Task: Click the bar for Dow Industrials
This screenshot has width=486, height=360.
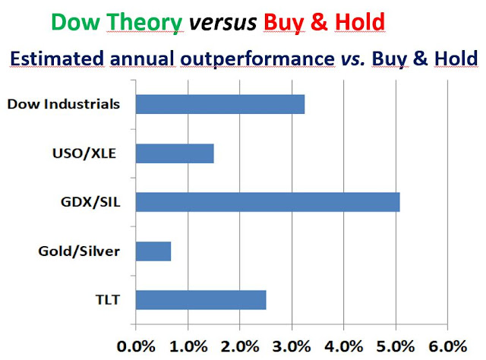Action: [x=219, y=104]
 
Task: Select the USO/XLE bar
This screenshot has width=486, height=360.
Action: [x=174, y=153]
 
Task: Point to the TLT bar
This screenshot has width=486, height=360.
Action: [x=200, y=300]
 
